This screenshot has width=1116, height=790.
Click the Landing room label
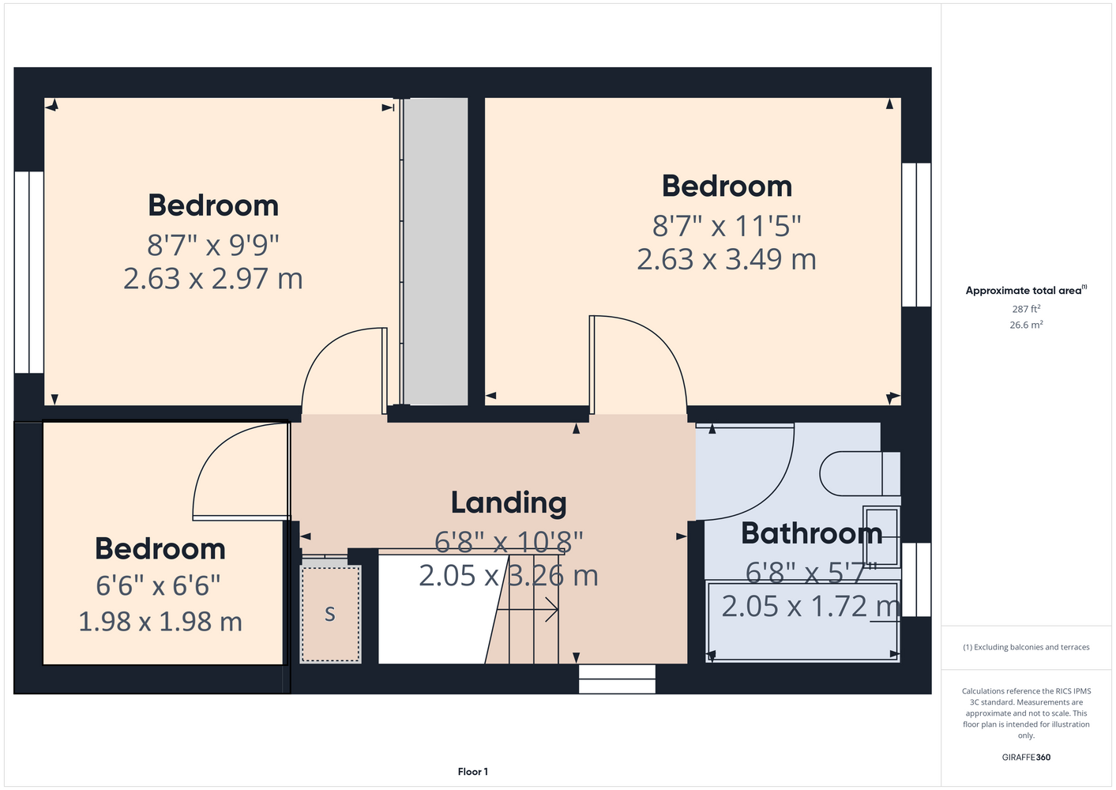point(509,503)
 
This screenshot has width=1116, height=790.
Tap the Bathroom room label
point(812,533)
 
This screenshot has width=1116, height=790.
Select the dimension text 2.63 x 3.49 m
point(727,260)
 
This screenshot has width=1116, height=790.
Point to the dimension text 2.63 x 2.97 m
point(212,279)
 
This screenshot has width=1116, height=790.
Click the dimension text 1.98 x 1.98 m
point(160,622)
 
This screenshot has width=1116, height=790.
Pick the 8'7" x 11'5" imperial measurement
point(727,226)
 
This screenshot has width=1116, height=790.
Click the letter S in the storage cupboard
point(330,614)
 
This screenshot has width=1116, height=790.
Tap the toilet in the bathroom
point(860,473)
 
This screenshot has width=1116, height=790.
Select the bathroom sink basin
point(881,536)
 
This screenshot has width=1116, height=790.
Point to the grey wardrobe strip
point(435,251)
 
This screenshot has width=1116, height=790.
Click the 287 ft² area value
point(1026,309)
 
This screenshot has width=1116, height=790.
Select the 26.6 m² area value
point(1026,325)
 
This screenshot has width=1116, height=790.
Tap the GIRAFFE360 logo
point(1026,757)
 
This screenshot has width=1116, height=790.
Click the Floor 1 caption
point(473,772)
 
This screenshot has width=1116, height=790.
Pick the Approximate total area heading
point(1026,290)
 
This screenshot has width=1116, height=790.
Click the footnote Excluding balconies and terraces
point(1026,647)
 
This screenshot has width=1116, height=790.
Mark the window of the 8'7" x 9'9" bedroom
point(29,272)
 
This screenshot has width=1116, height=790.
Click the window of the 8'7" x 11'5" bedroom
point(916,235)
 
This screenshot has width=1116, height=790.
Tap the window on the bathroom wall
point(916,580)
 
